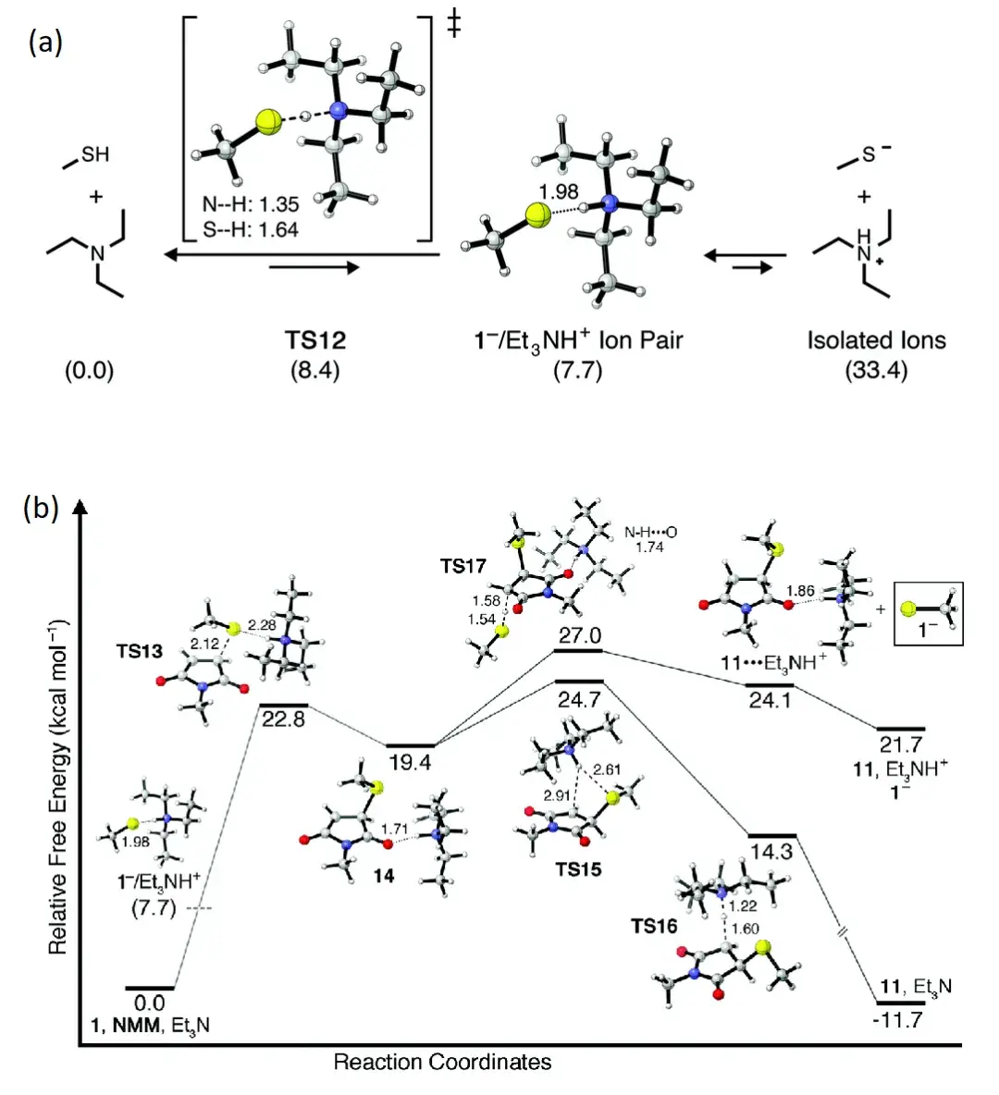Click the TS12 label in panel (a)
[315, 340]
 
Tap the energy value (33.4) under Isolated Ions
[876, 371]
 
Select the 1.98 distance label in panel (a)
[558, 191]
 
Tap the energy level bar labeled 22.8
[283, 705]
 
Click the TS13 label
[140, 651]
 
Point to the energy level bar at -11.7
[900, 1003]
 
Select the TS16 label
[654, 926]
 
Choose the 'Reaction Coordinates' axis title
[442, 1061]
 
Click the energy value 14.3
[771, 852]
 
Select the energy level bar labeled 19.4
[410, 744]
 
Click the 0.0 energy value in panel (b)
[150, 1003]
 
